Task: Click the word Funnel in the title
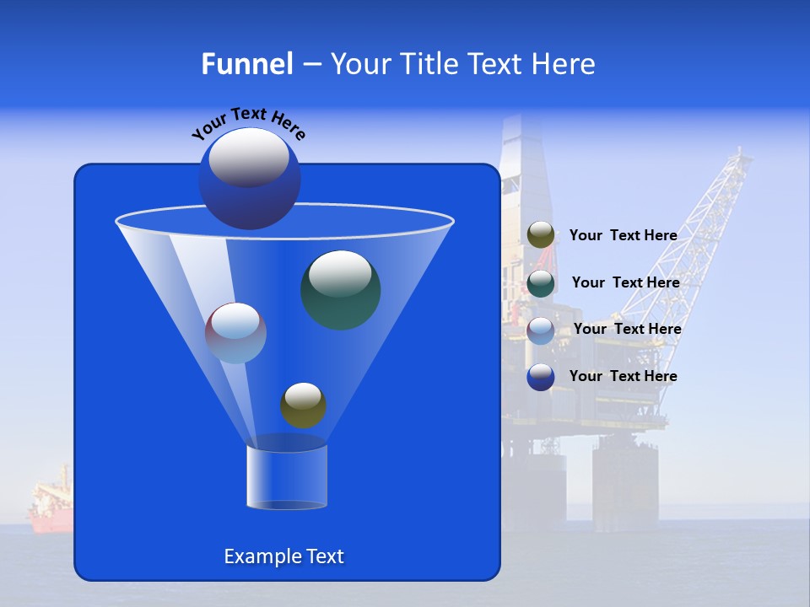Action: [246, 64]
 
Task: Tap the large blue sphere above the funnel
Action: [250, 179]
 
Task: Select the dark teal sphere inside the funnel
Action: [341, 290]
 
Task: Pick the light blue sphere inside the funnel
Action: [236, 333]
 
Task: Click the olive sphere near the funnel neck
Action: [303, 406]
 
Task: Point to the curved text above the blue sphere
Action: [248, 122]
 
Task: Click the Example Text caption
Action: [284, 556]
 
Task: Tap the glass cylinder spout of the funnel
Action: [287, 477]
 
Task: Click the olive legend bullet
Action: [541, 235]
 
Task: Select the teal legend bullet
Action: [541, 283]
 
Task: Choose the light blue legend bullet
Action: [541, 330]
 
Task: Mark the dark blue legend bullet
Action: [541, 377]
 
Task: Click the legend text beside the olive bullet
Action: [623, 235]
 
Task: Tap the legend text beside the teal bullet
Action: [625, 282]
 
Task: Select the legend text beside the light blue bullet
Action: [627, 329]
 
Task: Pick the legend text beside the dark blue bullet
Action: [623, 376]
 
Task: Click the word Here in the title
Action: [564, 64]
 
